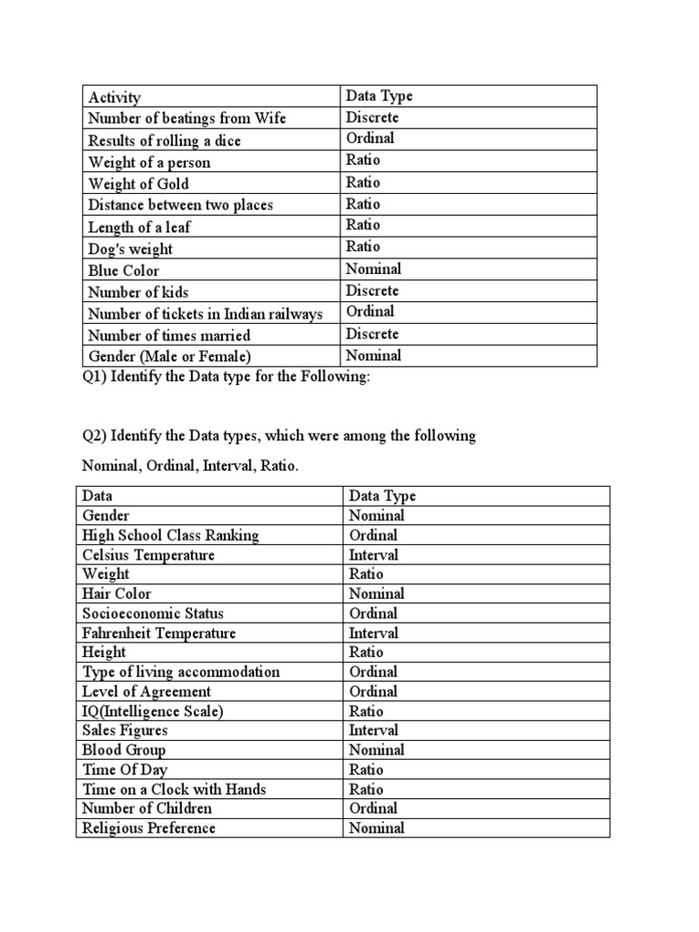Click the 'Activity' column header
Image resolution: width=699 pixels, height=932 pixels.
(115, 97)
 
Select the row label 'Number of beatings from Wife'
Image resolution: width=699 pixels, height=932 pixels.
(187, 118)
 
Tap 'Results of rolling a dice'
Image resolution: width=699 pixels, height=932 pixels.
(165, 141)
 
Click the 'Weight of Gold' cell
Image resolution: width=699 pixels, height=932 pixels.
(139, 184)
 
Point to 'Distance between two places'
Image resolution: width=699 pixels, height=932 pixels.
(180, 205)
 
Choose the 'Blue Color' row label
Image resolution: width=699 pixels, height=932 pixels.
(123, 270)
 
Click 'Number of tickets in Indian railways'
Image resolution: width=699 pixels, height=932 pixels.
(206, 314)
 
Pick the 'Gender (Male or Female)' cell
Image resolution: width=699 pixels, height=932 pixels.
(169, 357)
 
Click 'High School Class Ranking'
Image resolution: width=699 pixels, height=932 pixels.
(170, 535)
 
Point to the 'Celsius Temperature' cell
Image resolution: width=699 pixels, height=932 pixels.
(149, 555)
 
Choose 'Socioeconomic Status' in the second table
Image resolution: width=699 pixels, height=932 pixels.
(153, 613)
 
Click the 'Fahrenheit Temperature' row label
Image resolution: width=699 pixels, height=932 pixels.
(158, 633)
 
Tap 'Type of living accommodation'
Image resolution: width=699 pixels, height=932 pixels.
(181, 673)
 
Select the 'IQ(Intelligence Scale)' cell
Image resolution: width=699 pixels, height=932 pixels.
(153, 712)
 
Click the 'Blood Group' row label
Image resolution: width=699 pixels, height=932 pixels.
(124, 751)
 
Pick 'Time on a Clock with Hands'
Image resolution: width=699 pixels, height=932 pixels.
(174, 790)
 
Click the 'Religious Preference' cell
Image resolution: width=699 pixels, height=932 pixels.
(149, 828)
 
